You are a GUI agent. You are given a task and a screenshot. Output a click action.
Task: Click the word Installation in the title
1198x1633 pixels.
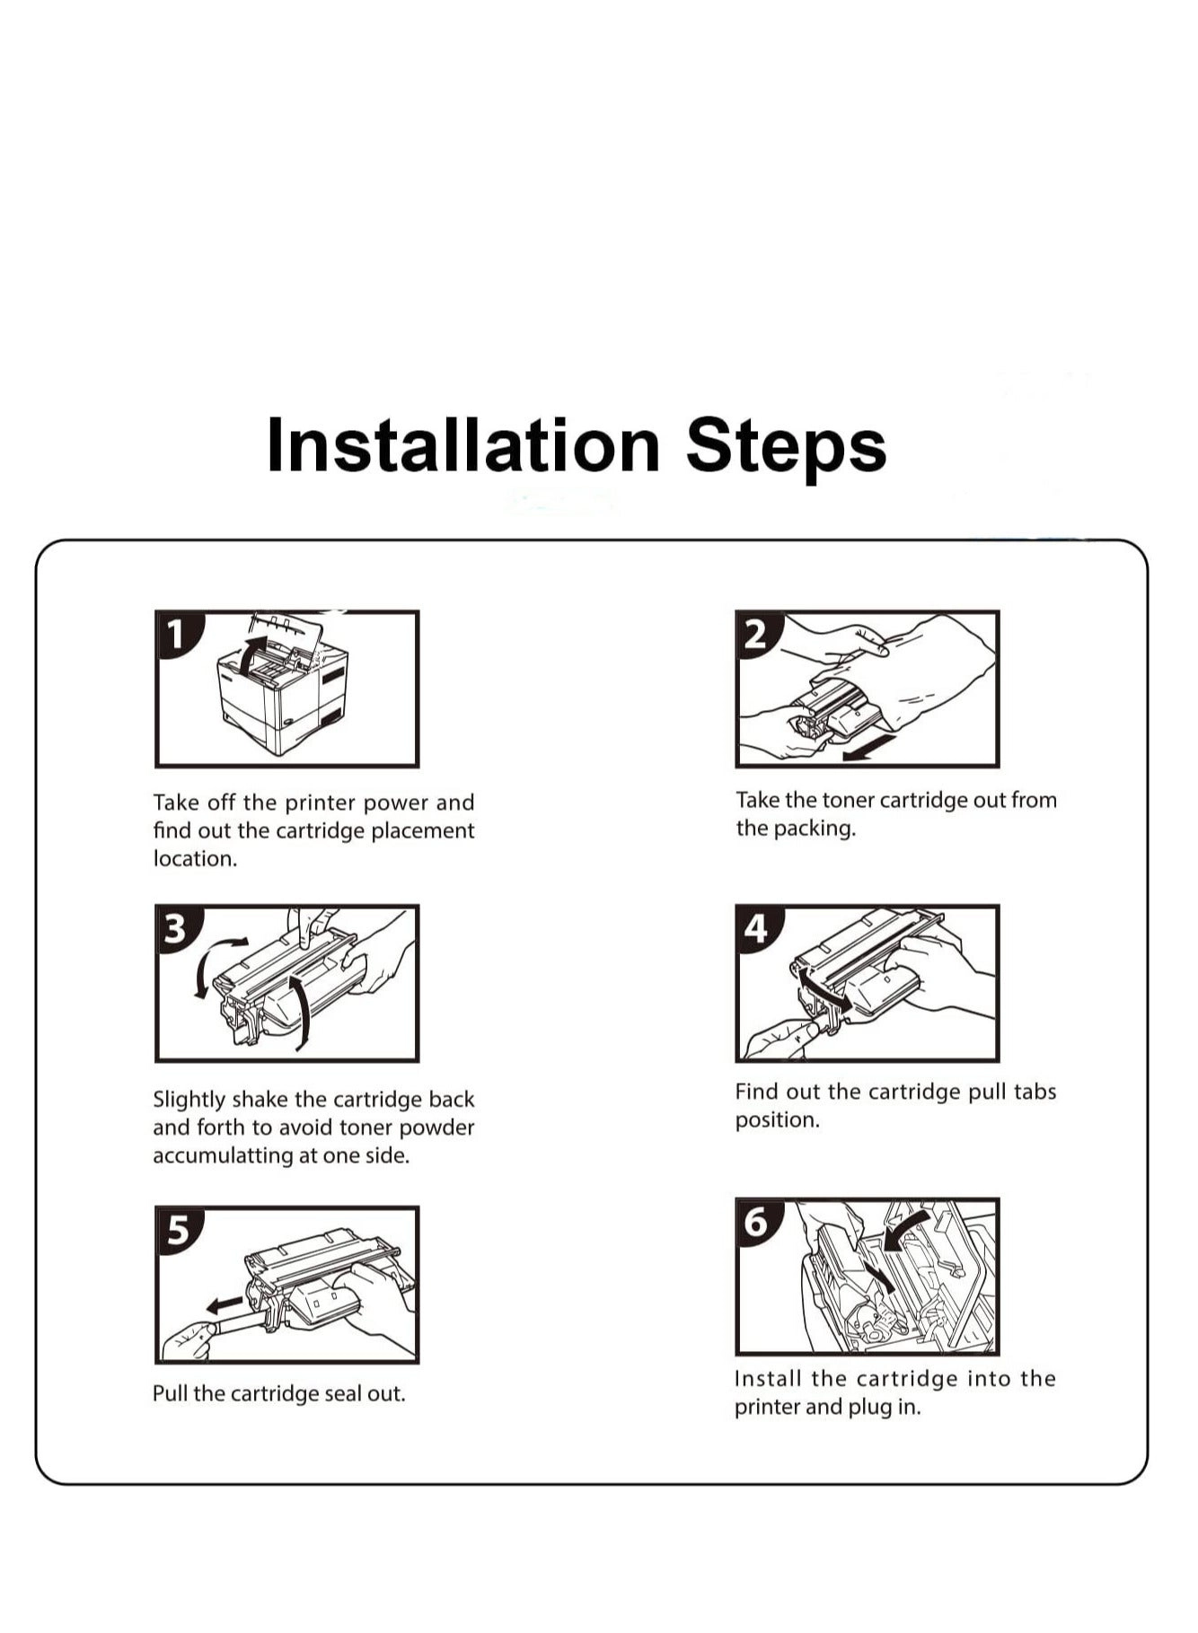click(464, 445)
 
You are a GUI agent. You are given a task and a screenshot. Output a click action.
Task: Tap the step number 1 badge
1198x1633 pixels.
click(177, 634)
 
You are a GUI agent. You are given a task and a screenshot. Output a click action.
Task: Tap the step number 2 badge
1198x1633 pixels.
click(757, 634)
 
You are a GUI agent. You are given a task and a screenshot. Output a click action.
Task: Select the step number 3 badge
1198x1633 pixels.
click(177, 928)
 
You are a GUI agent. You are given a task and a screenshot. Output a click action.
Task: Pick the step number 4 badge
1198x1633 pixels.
click(757, 928)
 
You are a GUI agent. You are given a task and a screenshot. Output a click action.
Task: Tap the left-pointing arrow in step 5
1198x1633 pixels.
click(224, 1303)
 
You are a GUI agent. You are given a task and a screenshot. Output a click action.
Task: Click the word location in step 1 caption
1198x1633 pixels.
click(195, 858)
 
